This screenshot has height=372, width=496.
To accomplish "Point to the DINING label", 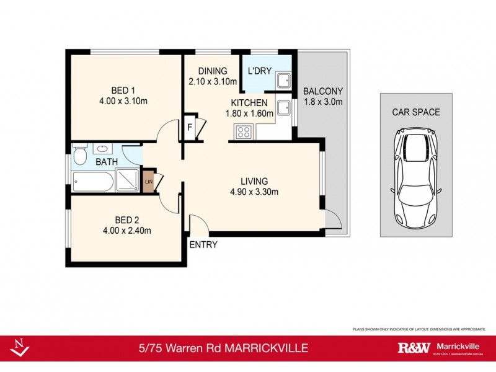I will pos(213,71).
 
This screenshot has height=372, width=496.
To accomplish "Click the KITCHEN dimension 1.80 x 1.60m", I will pos(249,114).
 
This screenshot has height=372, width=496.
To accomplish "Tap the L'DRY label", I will pos(260,71).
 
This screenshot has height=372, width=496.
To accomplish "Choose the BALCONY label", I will pos(322,91).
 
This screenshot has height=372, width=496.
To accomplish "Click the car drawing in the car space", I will pos(415,177).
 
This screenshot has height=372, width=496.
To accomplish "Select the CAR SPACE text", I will pos(415,112).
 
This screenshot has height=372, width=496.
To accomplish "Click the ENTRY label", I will pos(203,245).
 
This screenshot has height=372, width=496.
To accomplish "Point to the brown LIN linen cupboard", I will pos(148,182).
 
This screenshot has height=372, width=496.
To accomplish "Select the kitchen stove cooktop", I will pos(242,131).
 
